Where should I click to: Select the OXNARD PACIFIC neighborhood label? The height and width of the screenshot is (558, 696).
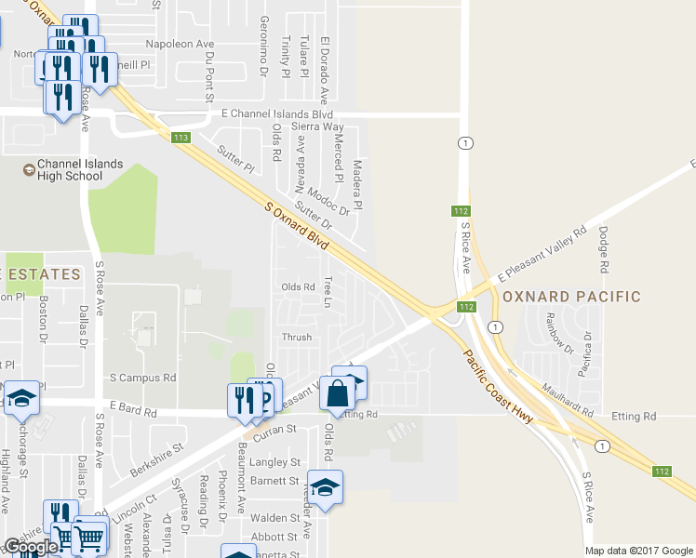571,297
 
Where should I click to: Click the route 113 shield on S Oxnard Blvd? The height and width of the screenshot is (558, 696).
181,139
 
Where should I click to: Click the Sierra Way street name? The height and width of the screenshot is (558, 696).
317,126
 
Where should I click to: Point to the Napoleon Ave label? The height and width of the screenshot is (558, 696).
181,44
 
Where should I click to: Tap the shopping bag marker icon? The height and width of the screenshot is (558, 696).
337,393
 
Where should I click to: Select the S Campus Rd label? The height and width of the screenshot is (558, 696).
142,379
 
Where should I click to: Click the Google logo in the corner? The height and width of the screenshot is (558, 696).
32,547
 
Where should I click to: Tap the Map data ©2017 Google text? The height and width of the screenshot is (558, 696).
639,551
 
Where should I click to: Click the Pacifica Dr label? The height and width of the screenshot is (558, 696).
585,352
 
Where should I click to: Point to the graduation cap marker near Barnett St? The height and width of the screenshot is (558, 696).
325,488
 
